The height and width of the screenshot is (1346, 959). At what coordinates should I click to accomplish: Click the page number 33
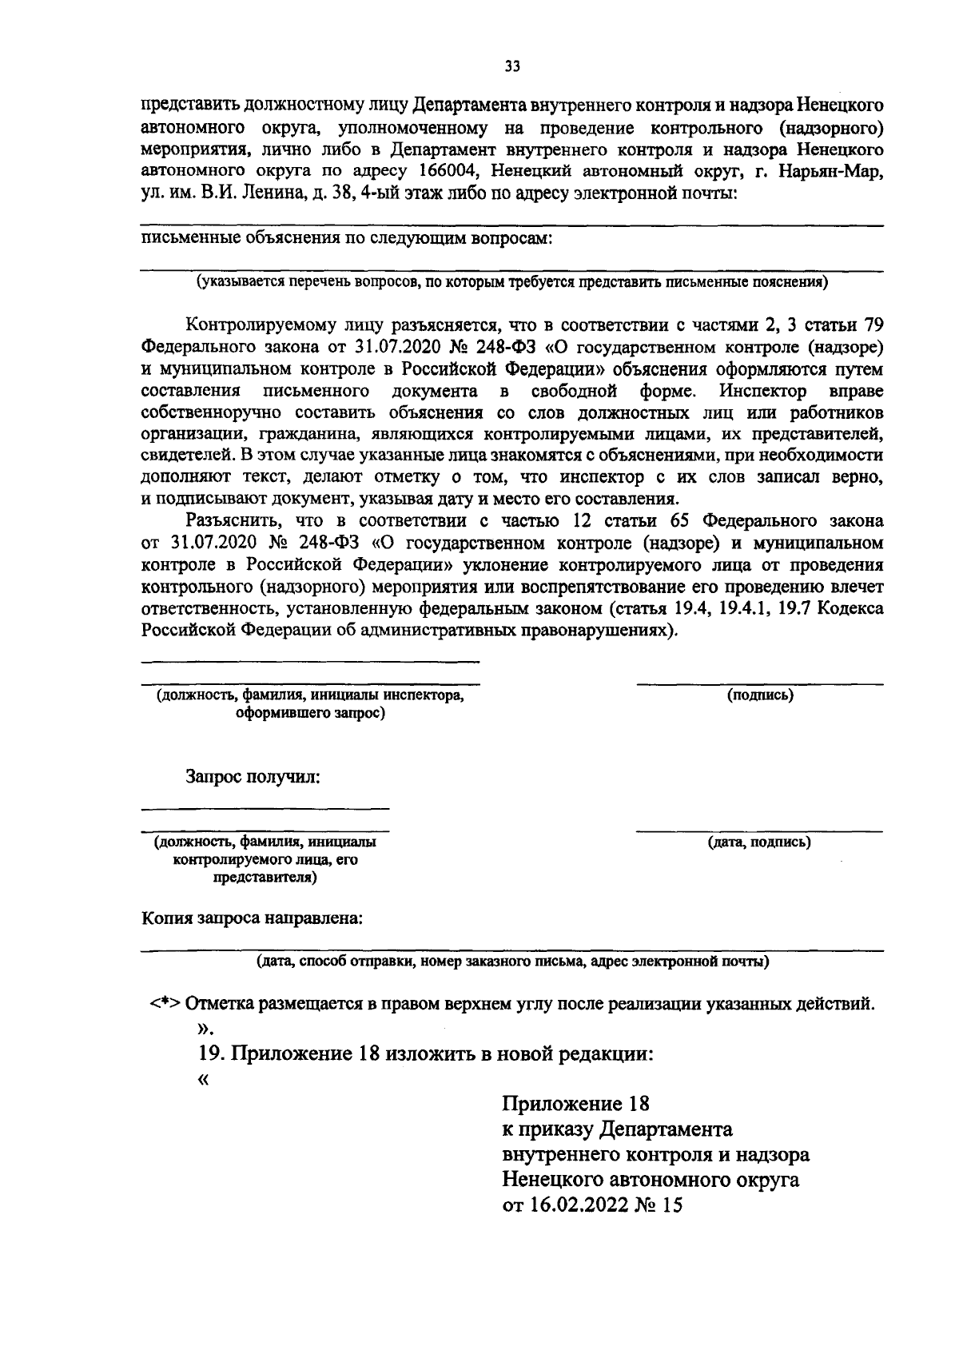[512, 67]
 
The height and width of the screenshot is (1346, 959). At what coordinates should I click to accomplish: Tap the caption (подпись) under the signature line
[760, 695]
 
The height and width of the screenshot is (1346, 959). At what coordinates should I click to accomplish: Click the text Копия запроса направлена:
[252, 918]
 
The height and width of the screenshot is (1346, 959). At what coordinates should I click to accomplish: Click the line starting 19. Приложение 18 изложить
[425, 1053]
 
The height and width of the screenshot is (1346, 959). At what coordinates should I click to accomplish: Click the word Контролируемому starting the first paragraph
[256, 325]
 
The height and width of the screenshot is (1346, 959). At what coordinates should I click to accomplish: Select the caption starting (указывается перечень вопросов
[512, 281]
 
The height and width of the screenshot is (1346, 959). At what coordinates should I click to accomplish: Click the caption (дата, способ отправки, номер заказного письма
[512, 962]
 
